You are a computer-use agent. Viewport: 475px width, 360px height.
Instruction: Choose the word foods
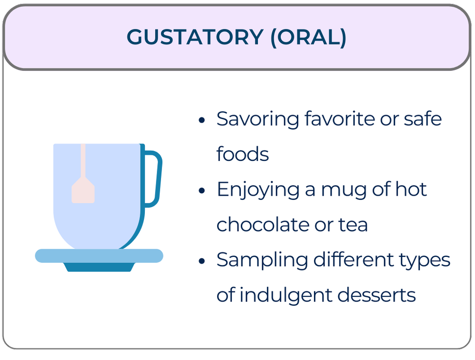coord(243,154)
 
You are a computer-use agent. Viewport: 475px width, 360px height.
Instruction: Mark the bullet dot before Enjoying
coord(202,191)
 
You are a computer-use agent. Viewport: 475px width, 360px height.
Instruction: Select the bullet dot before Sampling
coord(202,261)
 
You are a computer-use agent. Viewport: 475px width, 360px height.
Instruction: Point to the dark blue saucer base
coord(99,267)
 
